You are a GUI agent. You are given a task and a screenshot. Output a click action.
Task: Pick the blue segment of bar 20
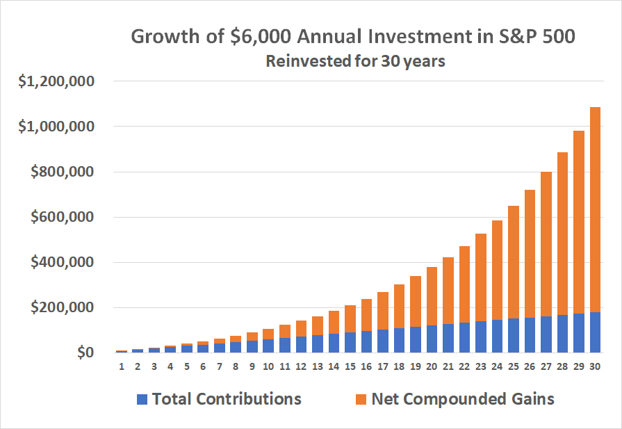coord(431,339)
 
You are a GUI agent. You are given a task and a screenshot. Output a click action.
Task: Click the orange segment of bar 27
coord(546,243)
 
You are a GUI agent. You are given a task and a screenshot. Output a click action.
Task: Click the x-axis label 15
coord(350,366)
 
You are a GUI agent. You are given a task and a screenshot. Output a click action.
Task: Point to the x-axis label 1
coord(122,366)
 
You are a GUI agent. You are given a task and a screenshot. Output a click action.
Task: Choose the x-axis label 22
coord(464,366)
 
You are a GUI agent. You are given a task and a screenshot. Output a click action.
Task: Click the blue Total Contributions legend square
coord(143,399)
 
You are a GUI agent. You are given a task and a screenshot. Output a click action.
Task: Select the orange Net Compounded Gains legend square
coord(361,399)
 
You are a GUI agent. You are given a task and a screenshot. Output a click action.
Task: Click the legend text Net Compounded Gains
coord(463,399)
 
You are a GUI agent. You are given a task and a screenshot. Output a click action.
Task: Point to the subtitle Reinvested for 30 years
coord(355,61)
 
